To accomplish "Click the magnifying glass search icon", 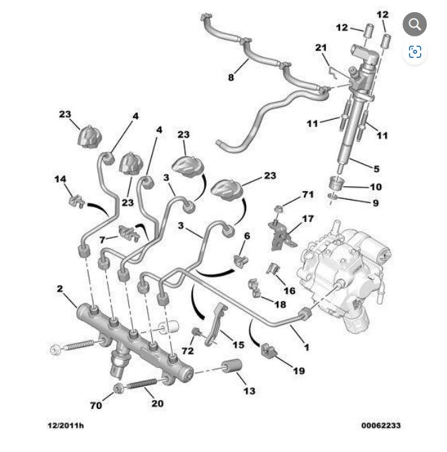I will (x=415, y=25).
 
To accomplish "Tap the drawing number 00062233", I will (x=380, y=425).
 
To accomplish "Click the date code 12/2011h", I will (x=65, y=425).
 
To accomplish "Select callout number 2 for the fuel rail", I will (x=59, y=289).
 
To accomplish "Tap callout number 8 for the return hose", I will (x=231, y=77).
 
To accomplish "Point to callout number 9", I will (x=375, y=202).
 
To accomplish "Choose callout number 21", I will (x=321, y=47).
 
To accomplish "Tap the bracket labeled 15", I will (x=214, y=323).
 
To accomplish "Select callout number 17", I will (x=308, y=219).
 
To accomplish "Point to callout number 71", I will (x=308, y=194).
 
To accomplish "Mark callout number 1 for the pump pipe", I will (x=307, y=348).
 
